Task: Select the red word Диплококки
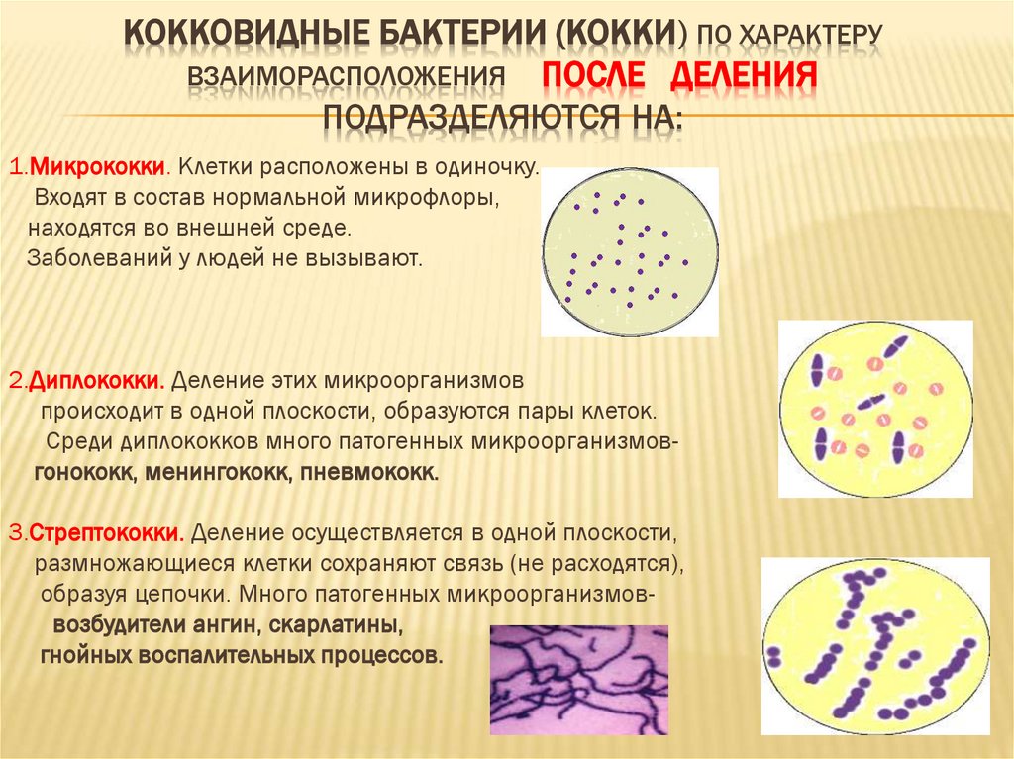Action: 96,380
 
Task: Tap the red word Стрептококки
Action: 106,533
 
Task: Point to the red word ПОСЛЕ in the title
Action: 593,76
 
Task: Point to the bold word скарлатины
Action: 336,626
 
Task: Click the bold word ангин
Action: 226,626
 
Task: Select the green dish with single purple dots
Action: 629,251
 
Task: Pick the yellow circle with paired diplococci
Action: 875,409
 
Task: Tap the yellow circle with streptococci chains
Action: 875,644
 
